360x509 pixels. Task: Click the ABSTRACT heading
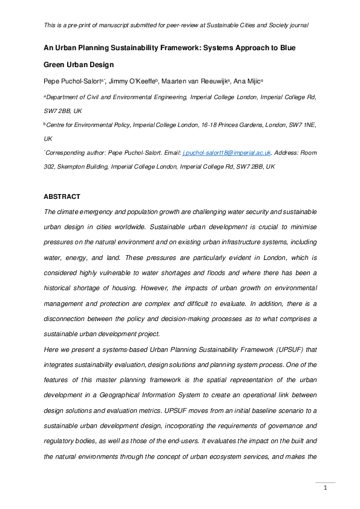[x=63, y=196]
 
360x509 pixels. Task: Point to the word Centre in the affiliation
[x=58, y=124]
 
